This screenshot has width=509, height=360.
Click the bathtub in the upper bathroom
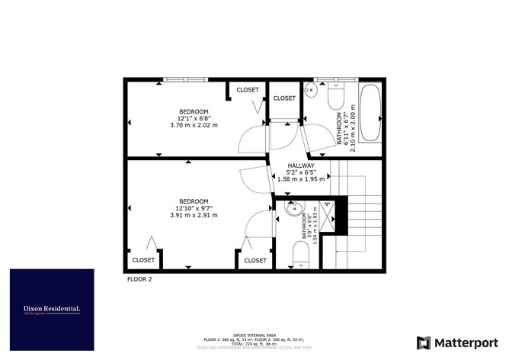371,113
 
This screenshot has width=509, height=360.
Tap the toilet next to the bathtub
337,96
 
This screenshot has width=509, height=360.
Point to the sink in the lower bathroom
293,208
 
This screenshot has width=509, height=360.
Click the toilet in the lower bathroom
302,256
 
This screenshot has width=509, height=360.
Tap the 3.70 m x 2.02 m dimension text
194,124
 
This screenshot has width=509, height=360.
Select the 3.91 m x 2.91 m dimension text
194,215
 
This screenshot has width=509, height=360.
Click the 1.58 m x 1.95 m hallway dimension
303,178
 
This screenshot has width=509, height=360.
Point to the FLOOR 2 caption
139,280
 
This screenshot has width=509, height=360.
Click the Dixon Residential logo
52,309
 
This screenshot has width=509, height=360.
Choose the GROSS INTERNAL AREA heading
254,334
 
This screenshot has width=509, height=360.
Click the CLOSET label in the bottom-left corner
143,260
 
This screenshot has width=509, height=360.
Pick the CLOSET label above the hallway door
284,98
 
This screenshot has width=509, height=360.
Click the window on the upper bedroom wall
185,79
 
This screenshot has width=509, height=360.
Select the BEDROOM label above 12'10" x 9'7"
194,201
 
